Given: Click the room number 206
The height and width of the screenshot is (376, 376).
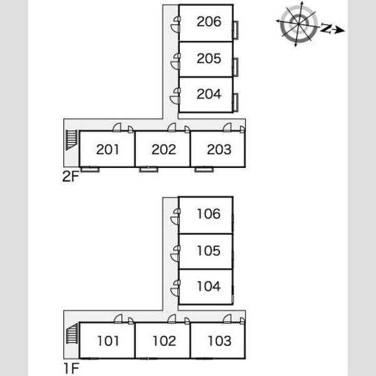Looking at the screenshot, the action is pos(209,21).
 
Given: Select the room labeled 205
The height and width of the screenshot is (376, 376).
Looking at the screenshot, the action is pos(209,58).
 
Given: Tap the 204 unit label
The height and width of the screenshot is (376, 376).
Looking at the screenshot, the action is pos(209,94).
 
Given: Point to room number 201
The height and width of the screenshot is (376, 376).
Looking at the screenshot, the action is pos(107,149).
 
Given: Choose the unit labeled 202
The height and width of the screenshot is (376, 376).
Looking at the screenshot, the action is pos(164,149).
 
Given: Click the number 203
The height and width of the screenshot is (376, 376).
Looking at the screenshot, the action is pos(219,149).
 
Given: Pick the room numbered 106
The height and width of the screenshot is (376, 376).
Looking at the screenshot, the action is pos(209,214).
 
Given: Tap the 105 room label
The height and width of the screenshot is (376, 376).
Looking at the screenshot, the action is pos(209,251).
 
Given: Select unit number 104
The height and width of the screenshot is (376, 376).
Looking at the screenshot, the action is pos(209,286).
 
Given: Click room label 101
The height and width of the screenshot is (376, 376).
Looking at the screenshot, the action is pos(108,341).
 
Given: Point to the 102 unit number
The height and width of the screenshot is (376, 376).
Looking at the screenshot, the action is pos(164,341).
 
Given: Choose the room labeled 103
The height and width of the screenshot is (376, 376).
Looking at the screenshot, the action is pos(219,341).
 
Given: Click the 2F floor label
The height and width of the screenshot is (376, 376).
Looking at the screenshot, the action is pos(70,177).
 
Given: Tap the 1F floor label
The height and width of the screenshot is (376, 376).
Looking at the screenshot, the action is pos(71,368).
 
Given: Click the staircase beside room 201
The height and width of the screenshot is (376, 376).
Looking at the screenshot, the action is pos(71,140).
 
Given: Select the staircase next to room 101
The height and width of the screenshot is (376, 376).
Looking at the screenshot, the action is pos(72,333).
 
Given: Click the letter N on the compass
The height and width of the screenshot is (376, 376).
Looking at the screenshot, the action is pos(326,28).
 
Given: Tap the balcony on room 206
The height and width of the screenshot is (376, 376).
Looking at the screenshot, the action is pos(236,30).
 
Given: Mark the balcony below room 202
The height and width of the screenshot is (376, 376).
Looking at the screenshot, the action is pos(149,170).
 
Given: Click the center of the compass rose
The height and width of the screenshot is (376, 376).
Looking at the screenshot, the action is pos(298,24).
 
